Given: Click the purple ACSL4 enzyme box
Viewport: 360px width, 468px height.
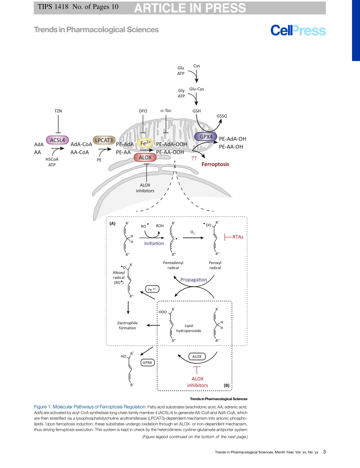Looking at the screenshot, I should (58, 140).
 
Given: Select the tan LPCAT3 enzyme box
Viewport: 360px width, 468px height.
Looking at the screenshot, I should (104, 140).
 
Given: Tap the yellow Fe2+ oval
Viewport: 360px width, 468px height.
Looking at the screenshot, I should (146, 143).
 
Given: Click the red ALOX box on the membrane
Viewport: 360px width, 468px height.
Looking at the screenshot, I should (145, 157).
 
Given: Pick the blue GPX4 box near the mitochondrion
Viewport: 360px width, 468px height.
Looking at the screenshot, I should (205, 137).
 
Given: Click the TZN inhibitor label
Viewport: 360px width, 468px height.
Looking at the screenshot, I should (58, 111).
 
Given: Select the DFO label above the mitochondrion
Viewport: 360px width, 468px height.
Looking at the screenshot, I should (143, 111).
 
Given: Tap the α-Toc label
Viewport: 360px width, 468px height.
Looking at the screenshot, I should (166, 111).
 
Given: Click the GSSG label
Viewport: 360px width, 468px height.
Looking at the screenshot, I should (221, 116).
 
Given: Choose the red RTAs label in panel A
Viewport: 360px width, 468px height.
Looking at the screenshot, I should (238, 237).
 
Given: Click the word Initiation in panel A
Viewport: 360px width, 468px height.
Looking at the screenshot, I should (154, 243).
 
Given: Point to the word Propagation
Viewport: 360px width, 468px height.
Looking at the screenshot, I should (194, 280).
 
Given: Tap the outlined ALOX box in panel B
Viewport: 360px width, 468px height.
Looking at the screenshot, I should (197, 356).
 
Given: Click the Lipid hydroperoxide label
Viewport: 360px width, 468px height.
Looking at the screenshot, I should (189, 328).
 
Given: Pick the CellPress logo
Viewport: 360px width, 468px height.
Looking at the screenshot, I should (298, 31).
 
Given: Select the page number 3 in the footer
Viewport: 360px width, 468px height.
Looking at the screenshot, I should (324, 452).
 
